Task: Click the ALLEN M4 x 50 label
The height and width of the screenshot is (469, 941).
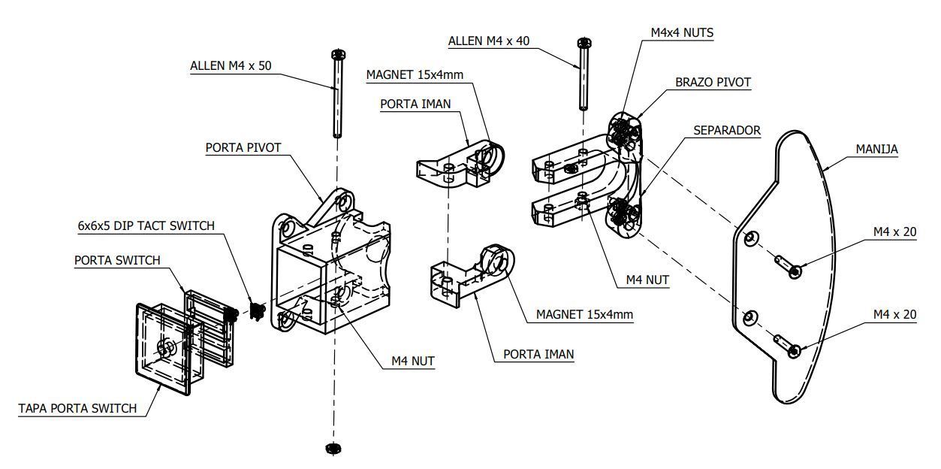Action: click(231, 66)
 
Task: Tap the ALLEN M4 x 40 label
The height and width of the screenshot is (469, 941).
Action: click(489, 41)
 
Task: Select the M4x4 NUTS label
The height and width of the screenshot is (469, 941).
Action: click(682, 33)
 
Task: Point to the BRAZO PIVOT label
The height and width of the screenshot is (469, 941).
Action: click(713, 83)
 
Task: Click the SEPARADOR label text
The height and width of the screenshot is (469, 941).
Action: click(727, 130)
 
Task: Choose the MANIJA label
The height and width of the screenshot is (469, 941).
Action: click(876, 149)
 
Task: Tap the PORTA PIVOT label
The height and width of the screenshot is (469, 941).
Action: click(243, 148)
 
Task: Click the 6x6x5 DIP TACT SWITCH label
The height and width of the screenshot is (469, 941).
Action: click(146, 226)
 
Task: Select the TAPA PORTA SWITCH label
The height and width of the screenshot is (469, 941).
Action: click(77, 408)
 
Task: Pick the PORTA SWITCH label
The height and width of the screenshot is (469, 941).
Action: click(117, 261)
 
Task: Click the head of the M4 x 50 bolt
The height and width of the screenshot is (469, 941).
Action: click(338, 55)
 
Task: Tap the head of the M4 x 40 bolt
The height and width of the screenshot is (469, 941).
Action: click(584, 42)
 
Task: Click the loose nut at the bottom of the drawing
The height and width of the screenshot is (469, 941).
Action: click(333, 449)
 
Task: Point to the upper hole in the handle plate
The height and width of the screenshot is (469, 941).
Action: click(751, 238)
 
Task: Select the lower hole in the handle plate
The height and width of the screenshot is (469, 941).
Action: click(751, 318)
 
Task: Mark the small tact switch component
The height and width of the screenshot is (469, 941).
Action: click(257, 311)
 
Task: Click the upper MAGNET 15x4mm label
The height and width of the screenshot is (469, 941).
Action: click(415, 75)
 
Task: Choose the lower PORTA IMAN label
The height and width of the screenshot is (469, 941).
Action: click(538, 354)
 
